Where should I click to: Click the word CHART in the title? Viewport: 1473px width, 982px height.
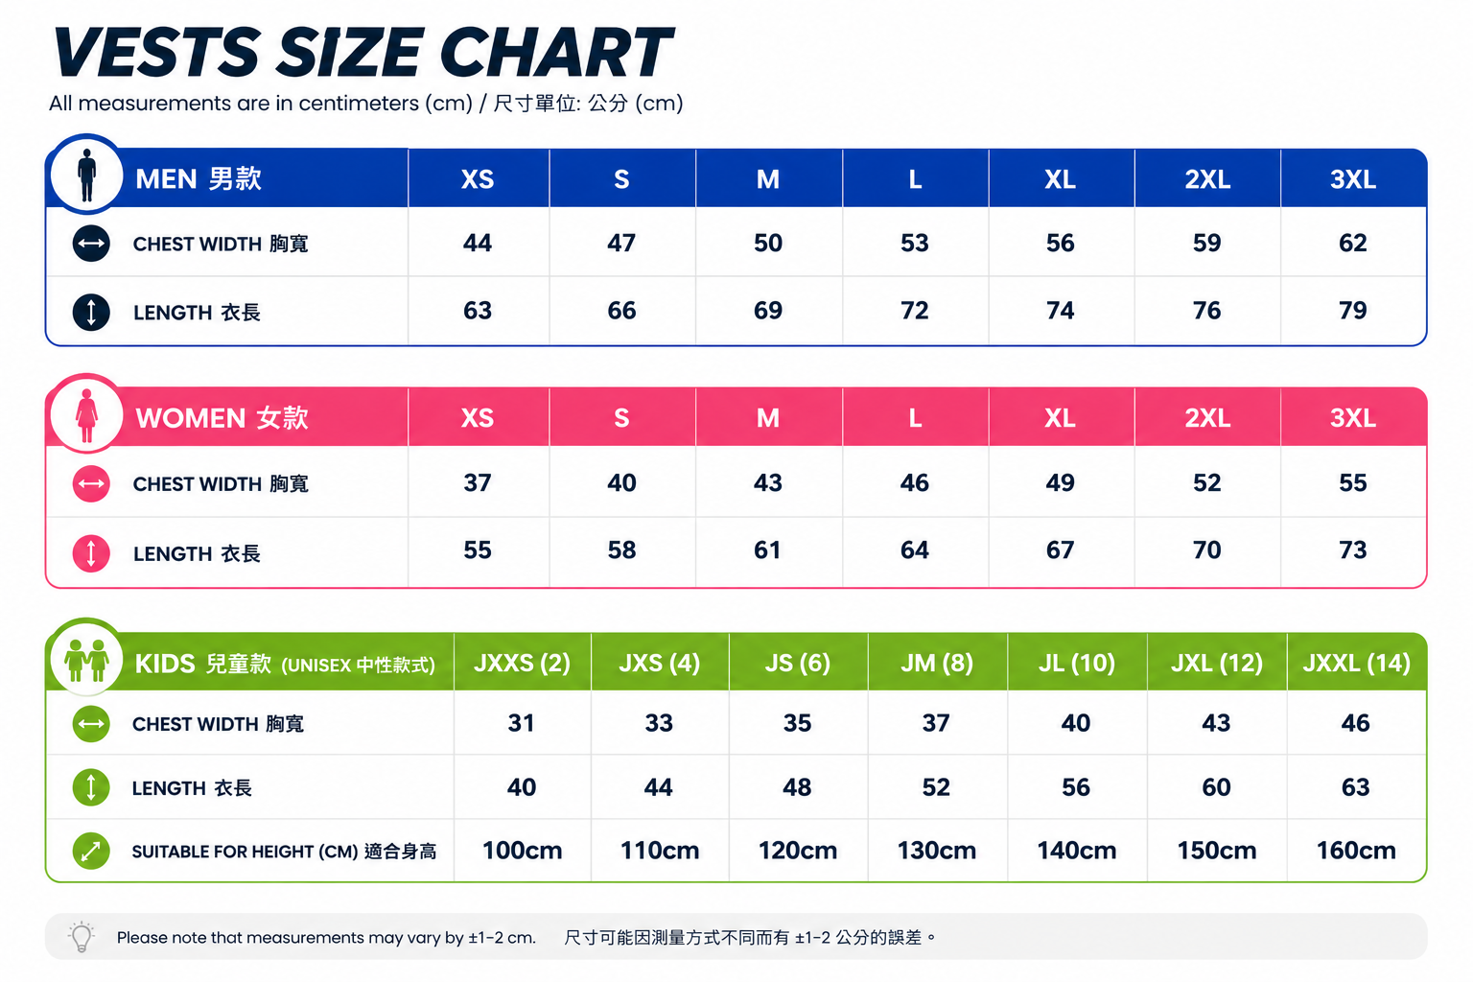click(556, 53)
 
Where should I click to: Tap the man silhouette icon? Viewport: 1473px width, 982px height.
click(87, 175)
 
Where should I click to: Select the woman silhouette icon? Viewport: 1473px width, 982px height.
click(87, 415)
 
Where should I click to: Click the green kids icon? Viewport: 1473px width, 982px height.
click(87, 660)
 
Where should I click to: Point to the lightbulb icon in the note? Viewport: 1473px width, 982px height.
click(82, 936)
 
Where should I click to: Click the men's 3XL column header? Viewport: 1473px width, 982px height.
click(1353, 179)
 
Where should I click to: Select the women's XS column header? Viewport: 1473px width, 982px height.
click(478, 418)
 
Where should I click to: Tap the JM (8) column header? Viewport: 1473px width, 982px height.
click(936, 663)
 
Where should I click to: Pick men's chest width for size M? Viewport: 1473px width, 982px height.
click(768, 243)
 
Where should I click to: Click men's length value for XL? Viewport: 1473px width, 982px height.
click(1060, 311)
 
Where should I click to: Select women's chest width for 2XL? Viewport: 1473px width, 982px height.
click(1206, 482)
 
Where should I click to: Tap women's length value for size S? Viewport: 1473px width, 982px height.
click(621, 549)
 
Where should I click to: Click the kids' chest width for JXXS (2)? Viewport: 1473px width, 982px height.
click(521, 723)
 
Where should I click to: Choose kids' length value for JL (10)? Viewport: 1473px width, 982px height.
click(1076, 787)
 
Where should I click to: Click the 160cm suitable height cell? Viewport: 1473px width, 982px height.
click(1356, 851)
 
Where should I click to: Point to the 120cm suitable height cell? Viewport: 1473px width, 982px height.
click(798, 851)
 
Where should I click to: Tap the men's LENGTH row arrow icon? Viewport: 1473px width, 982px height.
click(91, 312)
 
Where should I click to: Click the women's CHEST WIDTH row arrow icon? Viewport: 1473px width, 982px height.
click(91, 484)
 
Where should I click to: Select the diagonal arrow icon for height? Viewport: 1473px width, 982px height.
click(91, 852)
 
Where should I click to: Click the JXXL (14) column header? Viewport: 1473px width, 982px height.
click(1356, 663)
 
